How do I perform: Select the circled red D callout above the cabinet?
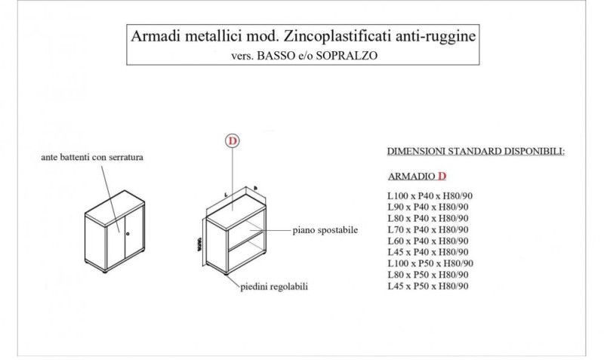233,140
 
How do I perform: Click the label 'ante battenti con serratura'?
92,158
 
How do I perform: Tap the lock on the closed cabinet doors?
128,235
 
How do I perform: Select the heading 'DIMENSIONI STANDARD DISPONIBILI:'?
476,152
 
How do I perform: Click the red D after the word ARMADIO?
442,177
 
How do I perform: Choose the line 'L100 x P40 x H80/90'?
430,196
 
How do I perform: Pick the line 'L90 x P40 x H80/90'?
427,208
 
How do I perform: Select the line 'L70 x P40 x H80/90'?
427,230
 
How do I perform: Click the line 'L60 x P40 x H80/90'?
427,241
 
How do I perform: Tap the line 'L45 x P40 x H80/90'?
427,252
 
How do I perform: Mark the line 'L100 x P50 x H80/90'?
430,263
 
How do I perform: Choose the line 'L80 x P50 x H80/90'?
427,275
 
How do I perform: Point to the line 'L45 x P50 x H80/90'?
427,286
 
